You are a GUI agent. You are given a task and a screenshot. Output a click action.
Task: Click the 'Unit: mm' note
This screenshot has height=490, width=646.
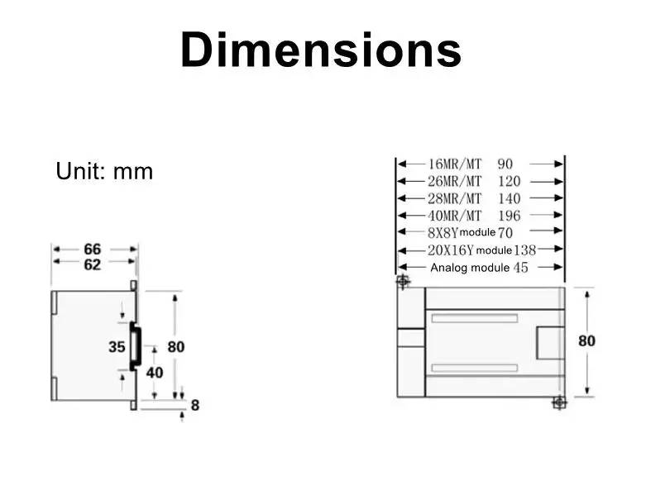point(104,171)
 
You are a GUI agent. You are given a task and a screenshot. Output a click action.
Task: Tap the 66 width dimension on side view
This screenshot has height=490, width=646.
point(93,249)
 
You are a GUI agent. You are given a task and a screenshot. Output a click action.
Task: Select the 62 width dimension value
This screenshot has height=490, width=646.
point(93,264)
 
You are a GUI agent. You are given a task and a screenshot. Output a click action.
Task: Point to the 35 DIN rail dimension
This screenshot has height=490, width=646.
point(117,347)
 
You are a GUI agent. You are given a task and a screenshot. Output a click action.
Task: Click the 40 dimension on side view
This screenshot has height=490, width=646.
point(154,373)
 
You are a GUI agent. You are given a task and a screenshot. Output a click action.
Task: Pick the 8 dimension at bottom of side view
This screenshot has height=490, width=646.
point(195,406)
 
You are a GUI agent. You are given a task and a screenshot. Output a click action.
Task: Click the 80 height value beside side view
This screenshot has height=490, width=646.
point(176,347)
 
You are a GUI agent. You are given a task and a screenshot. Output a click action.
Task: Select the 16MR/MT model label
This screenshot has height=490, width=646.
point(454,164)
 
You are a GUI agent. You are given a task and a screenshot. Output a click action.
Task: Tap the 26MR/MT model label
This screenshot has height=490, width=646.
point(454,181)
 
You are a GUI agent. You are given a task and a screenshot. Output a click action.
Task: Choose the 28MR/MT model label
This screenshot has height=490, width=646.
point(454,198)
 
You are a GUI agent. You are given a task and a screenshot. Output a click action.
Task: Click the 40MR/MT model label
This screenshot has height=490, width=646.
point(454,216)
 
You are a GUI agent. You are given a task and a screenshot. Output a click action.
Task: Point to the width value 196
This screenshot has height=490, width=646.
point(509,216)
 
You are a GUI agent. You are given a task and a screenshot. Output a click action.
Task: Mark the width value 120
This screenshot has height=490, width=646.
point(509,181)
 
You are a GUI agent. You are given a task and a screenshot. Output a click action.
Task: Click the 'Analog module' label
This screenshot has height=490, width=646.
point(470,268)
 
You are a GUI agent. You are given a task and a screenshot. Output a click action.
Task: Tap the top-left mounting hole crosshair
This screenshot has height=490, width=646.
point(403,283)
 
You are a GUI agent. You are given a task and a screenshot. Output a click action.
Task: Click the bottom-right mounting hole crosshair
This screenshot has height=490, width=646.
point(558,402)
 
